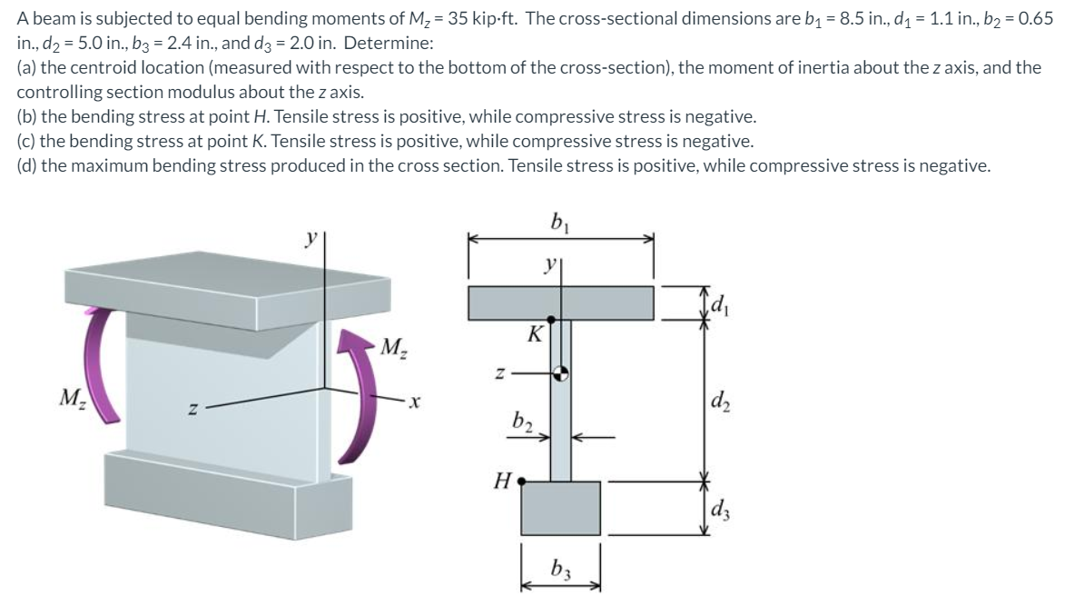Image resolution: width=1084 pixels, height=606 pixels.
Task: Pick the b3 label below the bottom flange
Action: pos(560,571)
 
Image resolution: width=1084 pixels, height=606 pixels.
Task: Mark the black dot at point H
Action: pos(522,482)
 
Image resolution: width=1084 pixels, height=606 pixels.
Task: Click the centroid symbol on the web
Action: pos(561,373)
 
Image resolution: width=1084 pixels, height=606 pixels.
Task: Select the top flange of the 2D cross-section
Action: pos(561,303)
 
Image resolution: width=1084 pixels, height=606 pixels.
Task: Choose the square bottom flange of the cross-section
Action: pos(561,509)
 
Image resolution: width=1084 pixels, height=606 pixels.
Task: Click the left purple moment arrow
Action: pos(105,363)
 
